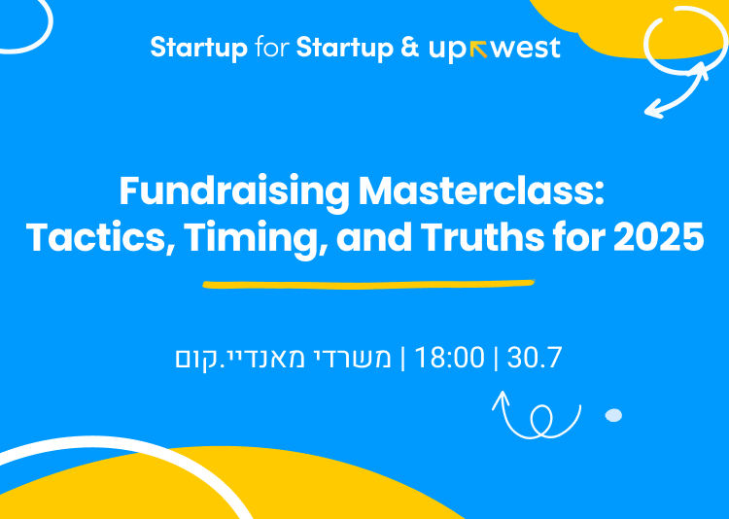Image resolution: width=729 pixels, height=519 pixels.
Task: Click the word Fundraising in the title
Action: [233, 190]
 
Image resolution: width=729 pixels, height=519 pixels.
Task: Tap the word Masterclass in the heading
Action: [481, 190]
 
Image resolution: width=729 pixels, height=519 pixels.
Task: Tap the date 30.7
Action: [535, 358]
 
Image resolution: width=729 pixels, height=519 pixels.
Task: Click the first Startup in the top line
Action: [198, 48]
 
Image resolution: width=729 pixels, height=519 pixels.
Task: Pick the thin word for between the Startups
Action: [271, 48]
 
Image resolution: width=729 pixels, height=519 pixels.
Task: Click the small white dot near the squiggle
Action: [613, 415]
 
